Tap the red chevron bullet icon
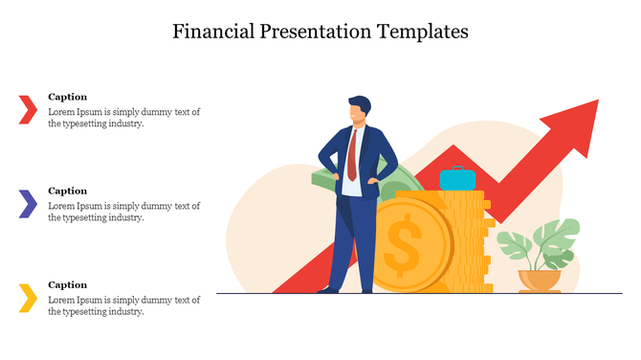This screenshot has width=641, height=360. point(28,109)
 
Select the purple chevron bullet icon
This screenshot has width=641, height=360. point(28,203)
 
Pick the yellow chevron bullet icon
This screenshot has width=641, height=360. point(28,298)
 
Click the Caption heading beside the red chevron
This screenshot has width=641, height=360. point(67,97)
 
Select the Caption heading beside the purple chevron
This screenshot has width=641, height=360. point(67,191)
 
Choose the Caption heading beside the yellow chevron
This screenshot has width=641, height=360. point(67,284)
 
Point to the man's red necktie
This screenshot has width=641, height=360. point(353,154)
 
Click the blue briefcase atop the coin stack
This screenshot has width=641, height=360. point(457,179)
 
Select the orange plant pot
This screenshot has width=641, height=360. point(540,281)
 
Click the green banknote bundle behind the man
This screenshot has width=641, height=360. point(325,180)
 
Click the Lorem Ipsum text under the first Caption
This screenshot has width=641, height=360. point(123,118)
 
